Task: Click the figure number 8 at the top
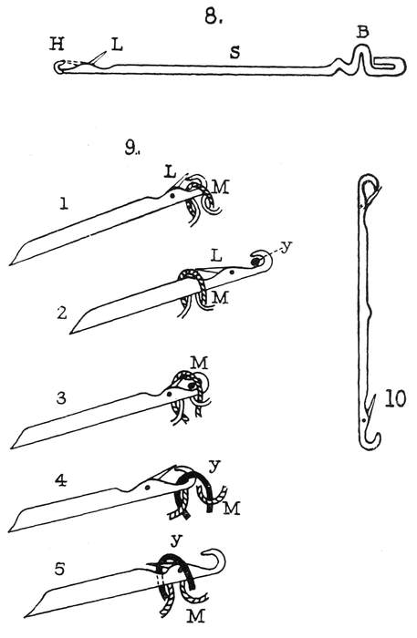coord(214,15)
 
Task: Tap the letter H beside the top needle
coord(57,44)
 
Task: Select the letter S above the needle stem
coord(235,52)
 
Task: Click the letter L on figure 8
coord(117,45)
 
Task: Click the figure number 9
coord(132,149)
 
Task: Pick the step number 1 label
coord(64,202)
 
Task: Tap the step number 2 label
coord(62,313)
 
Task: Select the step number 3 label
coord(61,397)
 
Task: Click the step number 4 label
coord(60,480)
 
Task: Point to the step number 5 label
coord(59,569)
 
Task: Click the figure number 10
coord(395,399)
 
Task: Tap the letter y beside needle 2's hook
coord(287,247)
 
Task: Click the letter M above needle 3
coord(200,362)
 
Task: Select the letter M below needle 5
coord(195,616)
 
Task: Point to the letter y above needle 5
coord(176,540)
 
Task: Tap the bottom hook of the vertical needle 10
coord(371,440)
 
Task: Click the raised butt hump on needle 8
coord(360,57)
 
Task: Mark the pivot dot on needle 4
coord(148,487)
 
